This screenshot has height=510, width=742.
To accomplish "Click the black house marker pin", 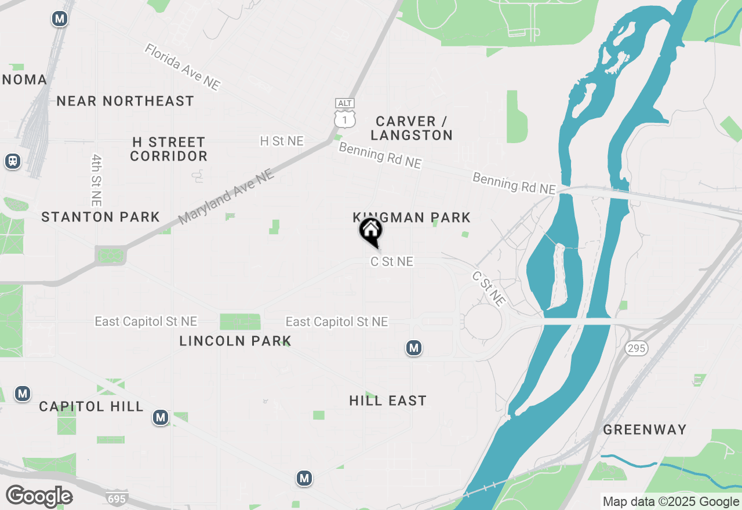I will tap(370, 231).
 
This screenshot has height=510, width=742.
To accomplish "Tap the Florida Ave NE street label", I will tap(183, 67).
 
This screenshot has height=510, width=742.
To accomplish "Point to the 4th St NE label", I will tap(97, 180).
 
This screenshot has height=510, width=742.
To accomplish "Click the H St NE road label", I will tap(282, 141).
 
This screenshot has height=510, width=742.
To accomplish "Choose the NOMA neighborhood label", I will tap(24, 79).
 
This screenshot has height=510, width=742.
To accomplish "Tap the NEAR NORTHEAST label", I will tap(125, 101).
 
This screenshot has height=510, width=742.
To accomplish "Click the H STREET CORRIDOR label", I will tap(169, 149).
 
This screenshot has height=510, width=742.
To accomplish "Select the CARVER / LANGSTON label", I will tap(412, 128).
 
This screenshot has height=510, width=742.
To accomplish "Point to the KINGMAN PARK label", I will tap(412, 217).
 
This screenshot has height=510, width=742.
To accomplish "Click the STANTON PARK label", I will tap(101, 217).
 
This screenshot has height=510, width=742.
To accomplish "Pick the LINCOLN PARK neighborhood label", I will tap(235, 341).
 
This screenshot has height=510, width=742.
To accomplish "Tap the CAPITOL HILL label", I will tap(92, 406).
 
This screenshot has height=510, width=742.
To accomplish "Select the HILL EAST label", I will tap(388, 400).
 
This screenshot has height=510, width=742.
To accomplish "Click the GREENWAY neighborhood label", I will tap(645, 429).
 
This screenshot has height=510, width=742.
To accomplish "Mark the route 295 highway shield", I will tap(636, 348).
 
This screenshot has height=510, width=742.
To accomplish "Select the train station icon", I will tap(12, 161).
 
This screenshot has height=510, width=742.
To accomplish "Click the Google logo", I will tap(39, 496).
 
